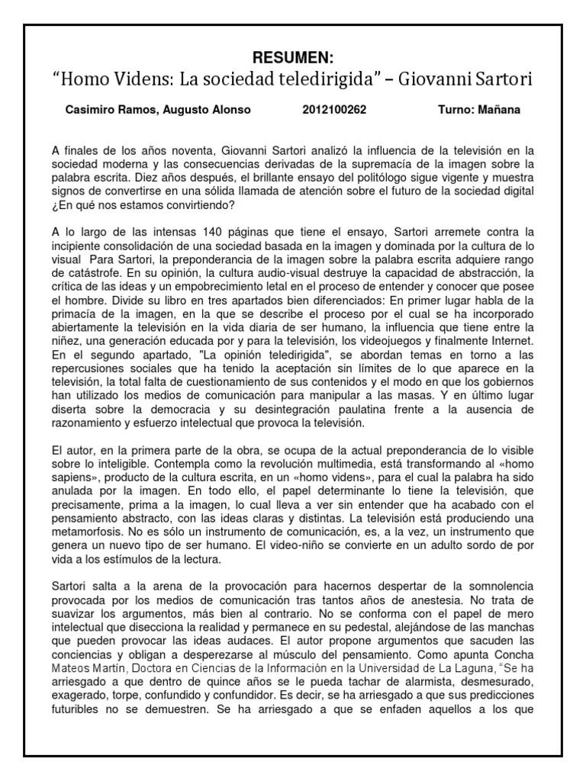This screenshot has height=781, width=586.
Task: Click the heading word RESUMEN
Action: click(x=293, y=58)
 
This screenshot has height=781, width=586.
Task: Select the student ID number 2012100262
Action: click(x=334, y=110)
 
